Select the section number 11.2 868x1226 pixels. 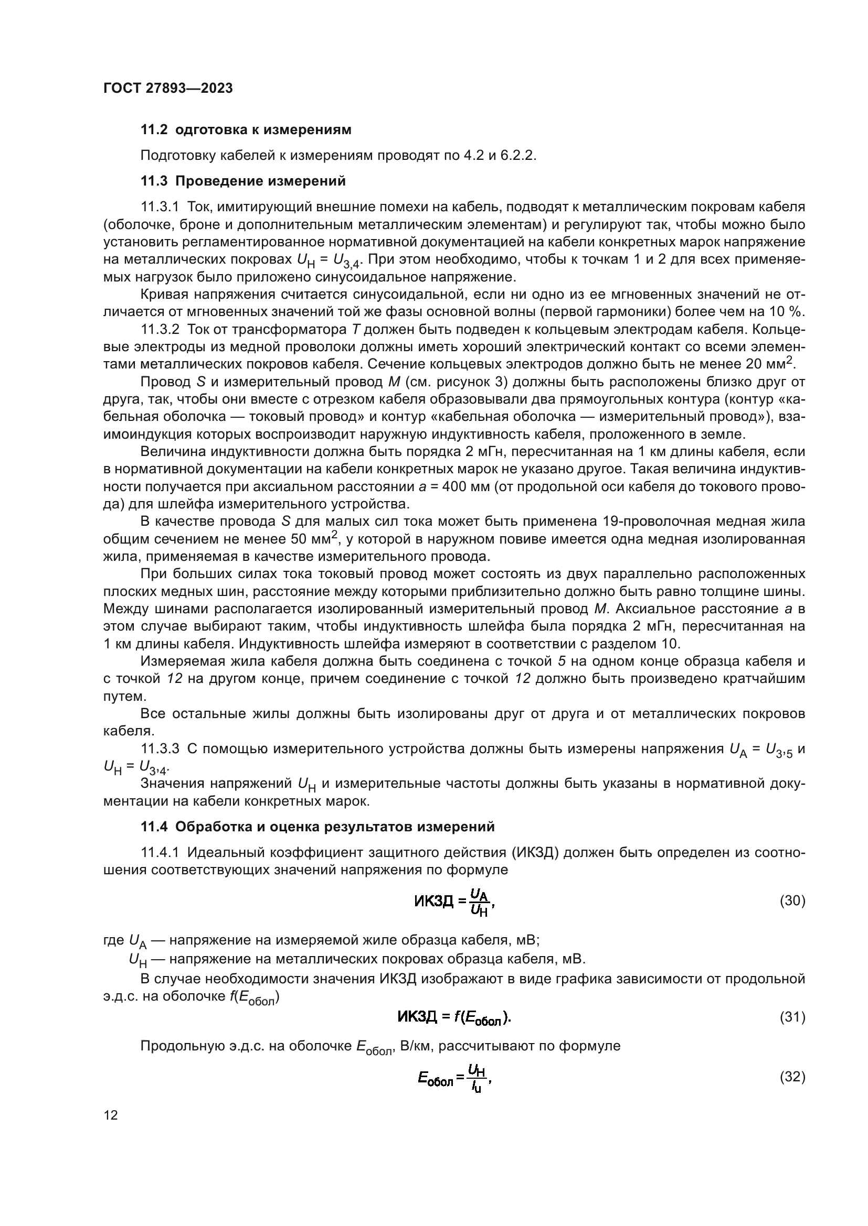click(x=154, y=130)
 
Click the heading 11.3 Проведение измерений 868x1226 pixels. click(x=242, y=181)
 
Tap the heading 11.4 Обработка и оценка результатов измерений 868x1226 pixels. click(x=317, y=827)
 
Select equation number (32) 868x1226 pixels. click(x=792, y=1077)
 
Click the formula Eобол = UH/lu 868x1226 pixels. click(x=454, y=1078)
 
